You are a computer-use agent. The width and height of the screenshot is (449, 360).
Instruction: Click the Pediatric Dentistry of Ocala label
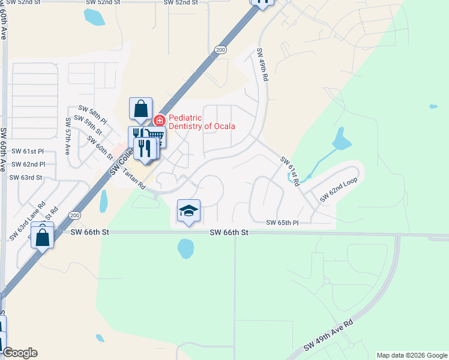coord(202,122)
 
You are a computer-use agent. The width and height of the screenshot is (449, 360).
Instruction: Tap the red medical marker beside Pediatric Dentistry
coord(160,120)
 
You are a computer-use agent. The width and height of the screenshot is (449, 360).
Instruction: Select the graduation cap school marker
coord(188,211)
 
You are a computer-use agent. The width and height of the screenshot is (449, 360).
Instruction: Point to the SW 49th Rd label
coord(263,65)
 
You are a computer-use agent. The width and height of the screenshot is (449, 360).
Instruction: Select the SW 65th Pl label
coord(282,223)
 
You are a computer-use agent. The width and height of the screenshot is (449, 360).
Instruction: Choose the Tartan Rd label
coord(134,179)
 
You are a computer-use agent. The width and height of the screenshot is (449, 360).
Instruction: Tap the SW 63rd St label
coord(26,178)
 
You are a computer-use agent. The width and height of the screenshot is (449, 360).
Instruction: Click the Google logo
coord(20,353)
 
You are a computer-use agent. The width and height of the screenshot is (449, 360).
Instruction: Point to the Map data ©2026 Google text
coord(411,355)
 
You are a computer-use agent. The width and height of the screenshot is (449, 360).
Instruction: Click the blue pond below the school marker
coord(185,247)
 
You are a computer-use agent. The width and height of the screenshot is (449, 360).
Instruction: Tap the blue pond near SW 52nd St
coord(94,17)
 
